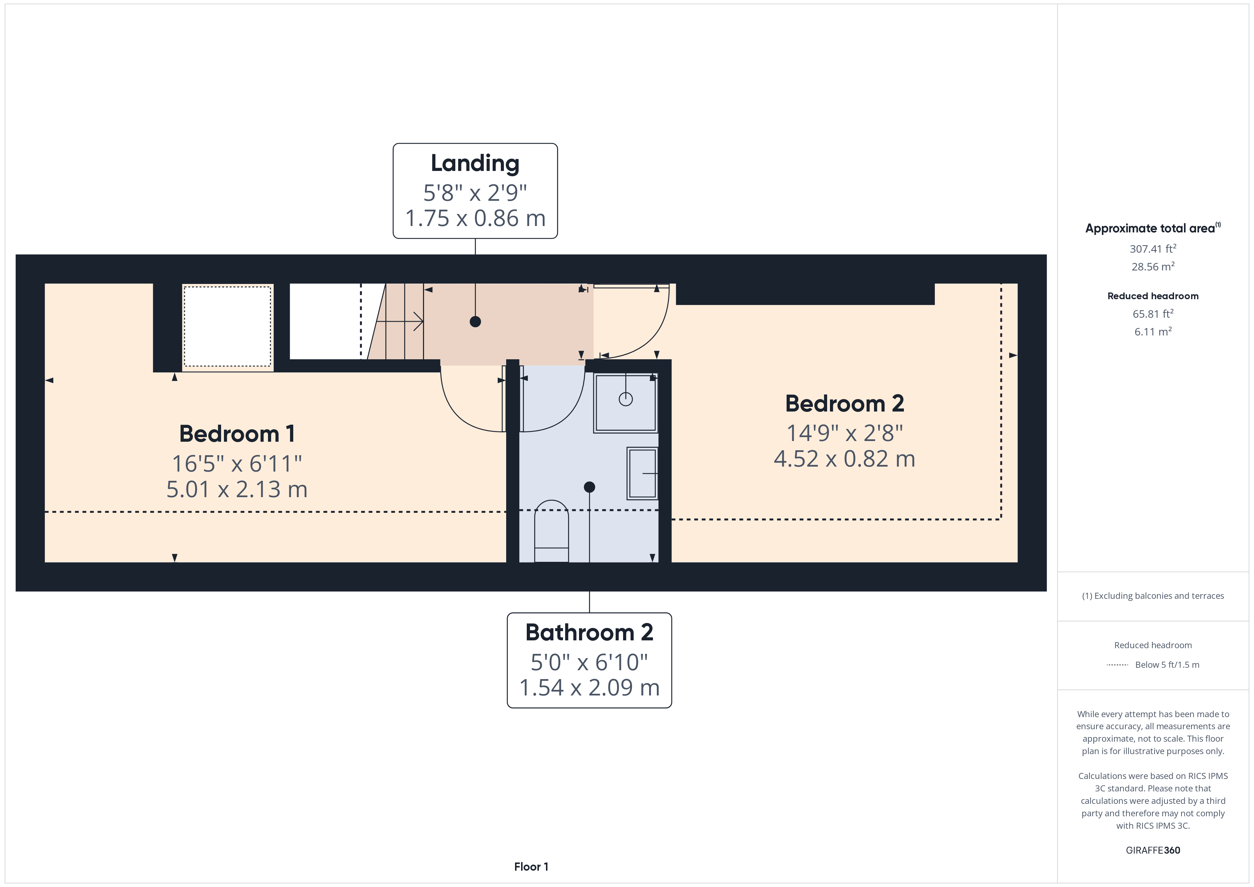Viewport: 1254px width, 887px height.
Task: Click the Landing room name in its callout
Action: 475,163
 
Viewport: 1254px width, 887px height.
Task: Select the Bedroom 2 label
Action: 845,404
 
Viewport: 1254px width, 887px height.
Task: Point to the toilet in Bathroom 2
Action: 551,531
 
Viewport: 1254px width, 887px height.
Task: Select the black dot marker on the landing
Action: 475,322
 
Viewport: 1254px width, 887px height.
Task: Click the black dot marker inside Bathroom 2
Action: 589,486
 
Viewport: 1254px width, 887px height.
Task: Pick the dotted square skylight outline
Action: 227,327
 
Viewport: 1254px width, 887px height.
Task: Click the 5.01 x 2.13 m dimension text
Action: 237,489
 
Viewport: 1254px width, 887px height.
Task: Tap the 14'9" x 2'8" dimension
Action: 845,433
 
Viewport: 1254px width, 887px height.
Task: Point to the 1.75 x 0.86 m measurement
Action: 475,219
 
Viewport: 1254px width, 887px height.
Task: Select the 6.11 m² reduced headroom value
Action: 1153,332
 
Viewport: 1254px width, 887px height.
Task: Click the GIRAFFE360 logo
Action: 1153,850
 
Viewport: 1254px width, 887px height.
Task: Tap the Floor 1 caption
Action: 531,867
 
